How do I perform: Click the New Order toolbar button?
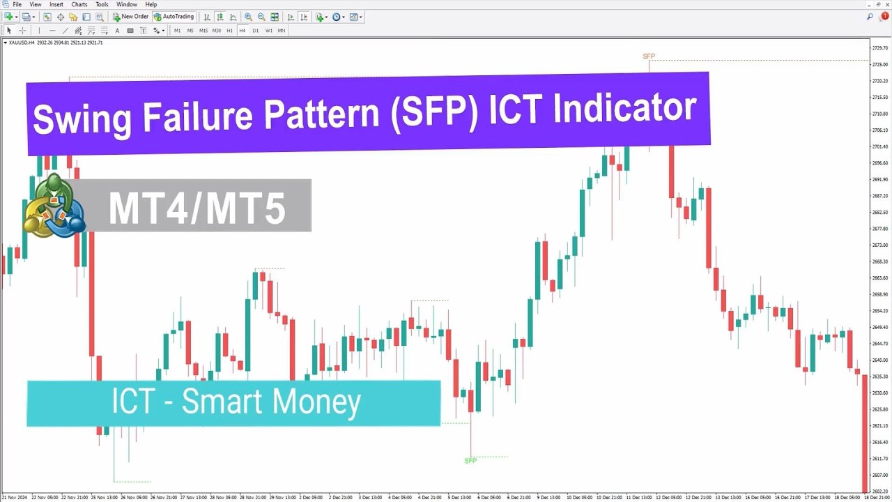(x=130, y=17)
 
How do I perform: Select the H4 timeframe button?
(x=243, y=31)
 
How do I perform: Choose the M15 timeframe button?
(x=203, y=31)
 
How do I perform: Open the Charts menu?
(x=79, y=5)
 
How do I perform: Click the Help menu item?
(x=151, y=5)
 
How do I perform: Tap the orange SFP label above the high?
(x=649, y=56)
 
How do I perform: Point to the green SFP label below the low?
(x=470, y=461)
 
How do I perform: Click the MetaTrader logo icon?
(x=54, y=207)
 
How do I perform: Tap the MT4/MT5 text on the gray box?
(x=197, y=208)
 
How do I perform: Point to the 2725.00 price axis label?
(x=879, y=65)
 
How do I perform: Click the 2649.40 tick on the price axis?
(x=879, y=327)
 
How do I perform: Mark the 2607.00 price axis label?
(x=879, y=475)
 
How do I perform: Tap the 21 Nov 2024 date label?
(x=14, y=497)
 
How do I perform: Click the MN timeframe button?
(x=282, y=31)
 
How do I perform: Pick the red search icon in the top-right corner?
(x=885, y=17)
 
